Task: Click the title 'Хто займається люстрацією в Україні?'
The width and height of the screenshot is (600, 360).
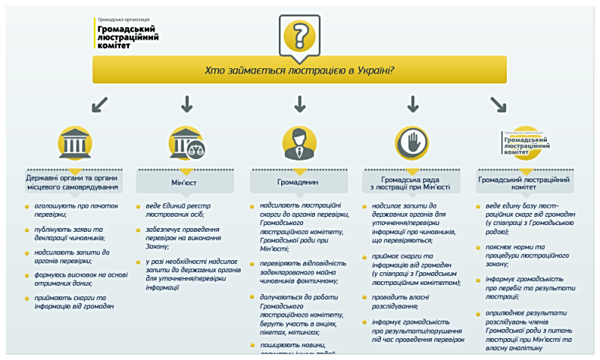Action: click(x=300, y=70)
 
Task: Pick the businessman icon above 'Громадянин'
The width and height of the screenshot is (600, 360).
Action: click(x=299, y=142)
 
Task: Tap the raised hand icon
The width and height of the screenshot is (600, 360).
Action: click(x=412, y=142)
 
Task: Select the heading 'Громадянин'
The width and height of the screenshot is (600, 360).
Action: click(x=299, y=182)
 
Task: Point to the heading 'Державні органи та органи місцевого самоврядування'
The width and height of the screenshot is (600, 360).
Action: click(x=74, y=182)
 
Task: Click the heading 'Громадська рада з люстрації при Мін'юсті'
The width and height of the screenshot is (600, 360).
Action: click(x=415, y=183)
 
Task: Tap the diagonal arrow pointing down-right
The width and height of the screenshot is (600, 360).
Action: click(x=498, y=103)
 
